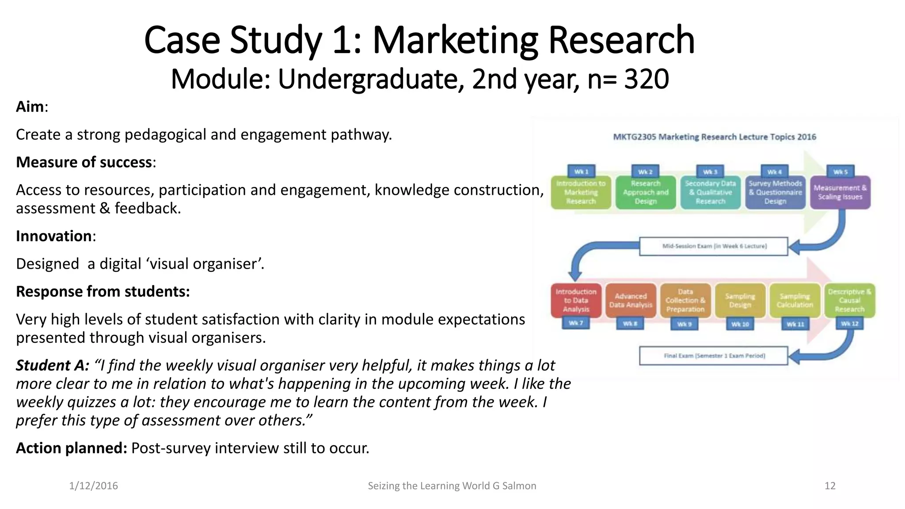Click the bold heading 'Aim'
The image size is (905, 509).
30,107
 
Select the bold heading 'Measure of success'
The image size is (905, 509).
84,162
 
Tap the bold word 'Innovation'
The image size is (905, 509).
54,236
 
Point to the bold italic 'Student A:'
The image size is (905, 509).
53,365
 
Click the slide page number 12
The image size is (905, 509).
830,486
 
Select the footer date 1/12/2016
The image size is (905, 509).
94,486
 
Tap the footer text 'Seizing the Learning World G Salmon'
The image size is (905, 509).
452,486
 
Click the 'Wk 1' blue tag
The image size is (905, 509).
581,171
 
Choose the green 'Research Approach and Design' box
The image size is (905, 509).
646,193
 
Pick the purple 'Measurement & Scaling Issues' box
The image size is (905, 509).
840,193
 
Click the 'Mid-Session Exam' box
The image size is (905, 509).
714,246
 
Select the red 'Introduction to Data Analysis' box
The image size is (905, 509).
576,300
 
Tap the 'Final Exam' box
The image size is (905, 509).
714,356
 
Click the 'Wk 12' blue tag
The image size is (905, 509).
849,324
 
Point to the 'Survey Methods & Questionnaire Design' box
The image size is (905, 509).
775,193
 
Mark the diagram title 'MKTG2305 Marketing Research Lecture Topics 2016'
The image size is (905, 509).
715,137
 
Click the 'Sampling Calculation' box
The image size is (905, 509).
795,300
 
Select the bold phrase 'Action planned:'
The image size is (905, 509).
72,448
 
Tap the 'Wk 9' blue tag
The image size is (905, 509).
684,324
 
